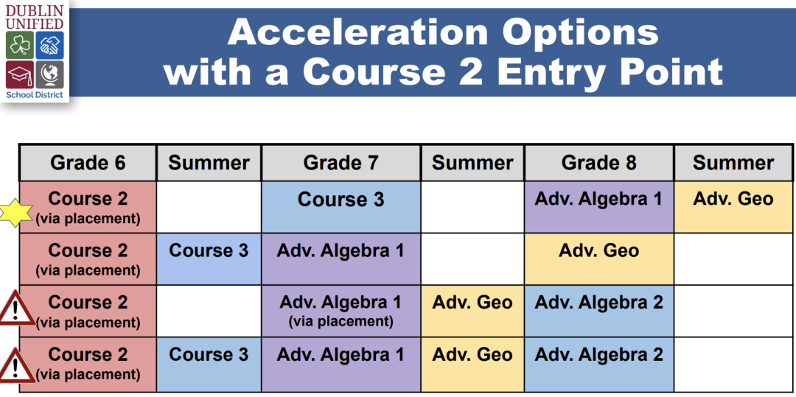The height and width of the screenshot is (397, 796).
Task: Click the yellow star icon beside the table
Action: click(x=16, y=212)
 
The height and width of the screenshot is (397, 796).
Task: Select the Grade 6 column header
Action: click(x=88, y=163)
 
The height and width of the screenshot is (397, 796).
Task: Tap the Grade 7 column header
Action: click(x=341, y=163)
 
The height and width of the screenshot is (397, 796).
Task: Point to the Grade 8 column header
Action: click(x=599, y=163)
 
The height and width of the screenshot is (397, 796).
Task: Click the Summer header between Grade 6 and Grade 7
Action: click(x=209, y=163)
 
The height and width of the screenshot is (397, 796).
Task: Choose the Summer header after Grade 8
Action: click(x=733, y=163)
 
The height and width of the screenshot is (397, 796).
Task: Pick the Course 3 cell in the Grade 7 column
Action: click(x=341, y=207)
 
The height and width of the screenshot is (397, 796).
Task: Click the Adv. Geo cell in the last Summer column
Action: click(x=733, y=207)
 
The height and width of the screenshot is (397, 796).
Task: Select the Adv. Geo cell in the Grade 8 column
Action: click(x=599, y=259)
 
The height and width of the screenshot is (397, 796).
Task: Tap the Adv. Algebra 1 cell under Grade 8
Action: click(x=599, y=207)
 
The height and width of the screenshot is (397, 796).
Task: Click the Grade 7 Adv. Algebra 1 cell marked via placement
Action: click(x=341, y=311)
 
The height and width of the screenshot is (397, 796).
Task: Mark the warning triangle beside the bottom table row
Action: click(x=16, y=365)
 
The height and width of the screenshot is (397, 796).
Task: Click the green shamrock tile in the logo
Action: click(x=20, y=45)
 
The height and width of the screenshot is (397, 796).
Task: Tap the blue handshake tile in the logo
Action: click(x=50, y=45)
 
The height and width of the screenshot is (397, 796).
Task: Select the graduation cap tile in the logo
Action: click(x=20, y=74)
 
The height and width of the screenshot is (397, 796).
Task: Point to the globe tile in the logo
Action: click(x=50, y=74)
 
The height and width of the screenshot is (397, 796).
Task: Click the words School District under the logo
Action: click(x=35, y=95)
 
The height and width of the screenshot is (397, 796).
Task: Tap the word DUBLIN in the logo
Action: click(x=35, y=10)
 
